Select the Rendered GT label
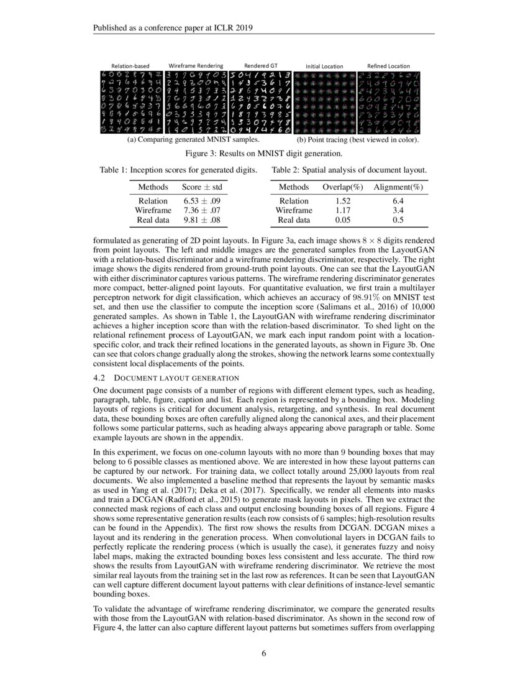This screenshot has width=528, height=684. pos(260,65)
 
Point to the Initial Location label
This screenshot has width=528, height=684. pos(324,66)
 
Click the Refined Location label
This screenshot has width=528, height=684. pos(388,66)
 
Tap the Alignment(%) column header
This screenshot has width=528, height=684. pos(398,187)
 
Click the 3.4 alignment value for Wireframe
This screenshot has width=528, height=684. pos(398,210)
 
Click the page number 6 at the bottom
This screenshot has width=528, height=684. pos(264,653)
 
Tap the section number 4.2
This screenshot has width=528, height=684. pos(100,377)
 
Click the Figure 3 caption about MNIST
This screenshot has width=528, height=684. pos(264,154)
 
